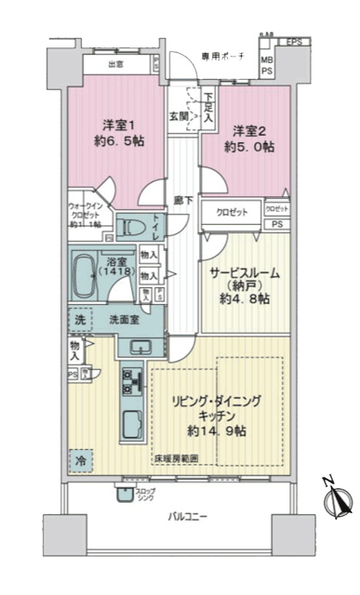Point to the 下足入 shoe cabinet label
(209, 111)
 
